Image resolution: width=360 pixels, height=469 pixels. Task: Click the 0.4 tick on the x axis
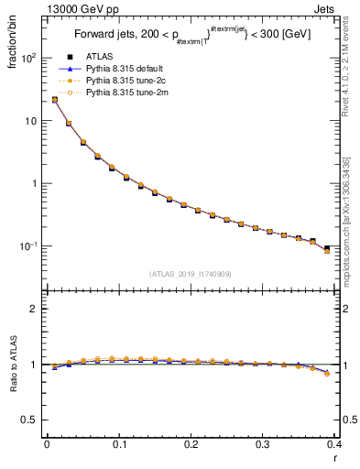335,443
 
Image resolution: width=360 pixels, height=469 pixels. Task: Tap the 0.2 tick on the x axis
191,443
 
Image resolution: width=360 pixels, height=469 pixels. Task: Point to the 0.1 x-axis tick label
119,443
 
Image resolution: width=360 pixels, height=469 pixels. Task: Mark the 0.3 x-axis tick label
263,443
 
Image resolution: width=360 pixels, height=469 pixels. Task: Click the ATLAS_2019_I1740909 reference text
191,274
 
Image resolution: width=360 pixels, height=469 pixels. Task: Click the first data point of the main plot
54,100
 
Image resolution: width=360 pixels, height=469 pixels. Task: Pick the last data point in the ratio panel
327,373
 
